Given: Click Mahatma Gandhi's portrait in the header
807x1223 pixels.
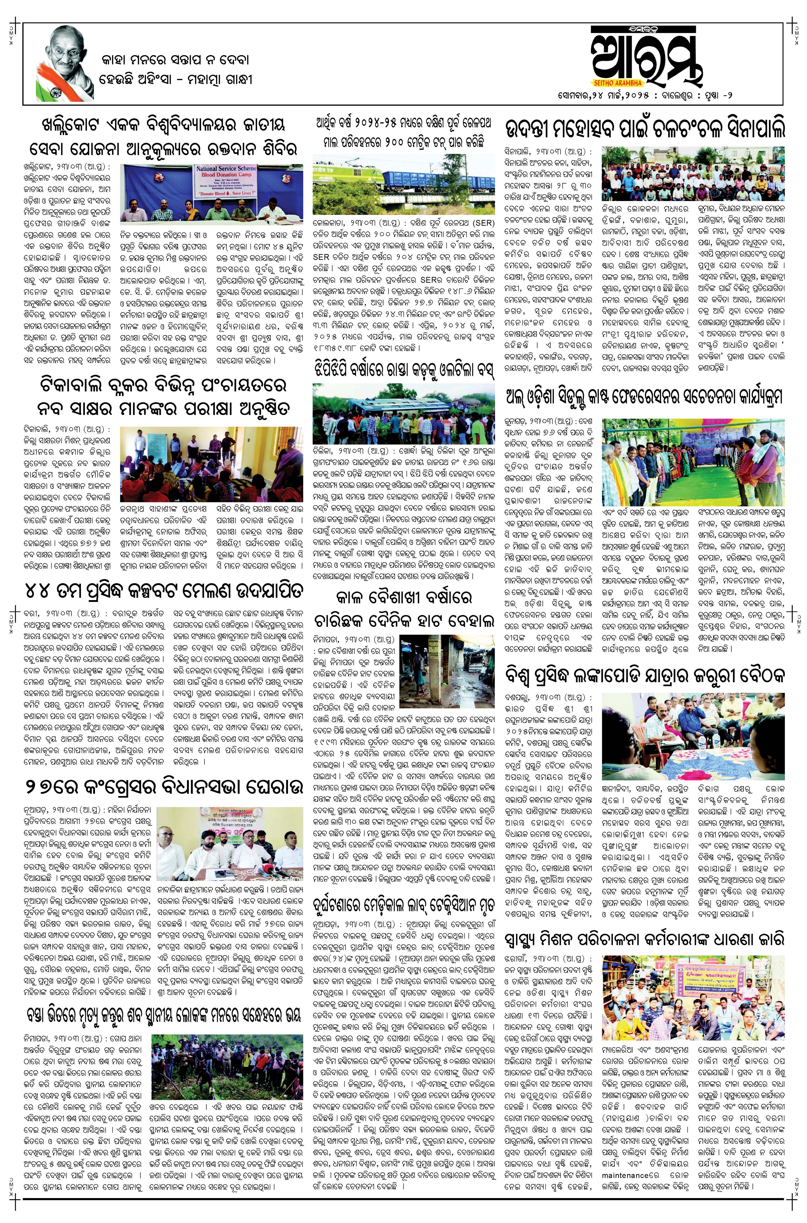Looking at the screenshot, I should tap(62, 57).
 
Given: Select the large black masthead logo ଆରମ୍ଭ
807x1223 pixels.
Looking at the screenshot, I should tap(646, 57).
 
